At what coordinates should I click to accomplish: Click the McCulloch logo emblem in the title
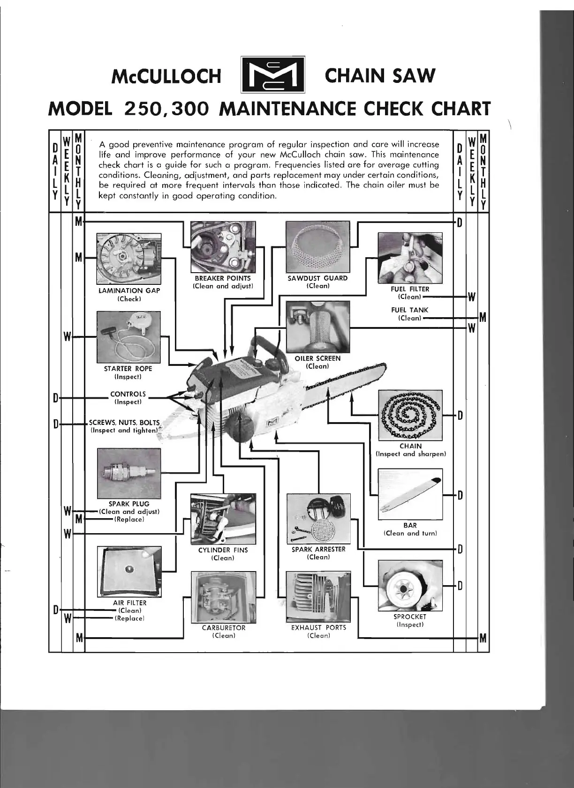(x=272, y=75)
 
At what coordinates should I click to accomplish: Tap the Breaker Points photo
(x=223, y=247)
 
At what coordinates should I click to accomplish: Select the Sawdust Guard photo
(x=318, y=247)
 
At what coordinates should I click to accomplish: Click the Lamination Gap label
(x=129, y=290)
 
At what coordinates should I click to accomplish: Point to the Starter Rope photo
(x=128, y=337)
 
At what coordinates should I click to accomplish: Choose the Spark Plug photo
(x=128, y=474)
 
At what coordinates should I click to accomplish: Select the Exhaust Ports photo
(x=318, y=596)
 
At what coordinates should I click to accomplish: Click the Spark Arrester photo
(x=318, y=519)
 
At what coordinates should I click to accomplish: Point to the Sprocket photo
(x=410, y=586)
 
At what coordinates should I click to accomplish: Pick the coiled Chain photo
(x=410, y=415)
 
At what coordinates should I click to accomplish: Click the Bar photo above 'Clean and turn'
(x=410, y=494)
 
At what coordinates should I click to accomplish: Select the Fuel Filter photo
(x=410, y=258)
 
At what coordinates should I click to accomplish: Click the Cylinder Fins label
(x=223, y=550)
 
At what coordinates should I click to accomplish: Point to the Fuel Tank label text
(x=409, y=310)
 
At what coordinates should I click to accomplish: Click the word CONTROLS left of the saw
(x=128, y=394)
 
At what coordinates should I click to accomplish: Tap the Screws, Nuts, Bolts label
(x=124, y=423)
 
